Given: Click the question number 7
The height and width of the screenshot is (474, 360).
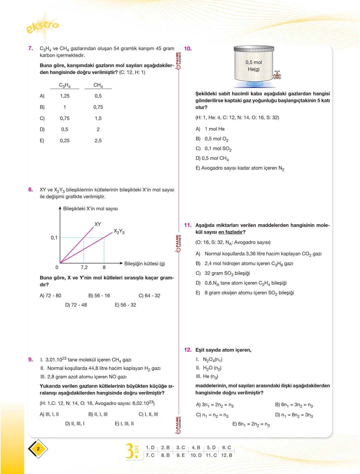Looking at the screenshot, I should pos(31,49).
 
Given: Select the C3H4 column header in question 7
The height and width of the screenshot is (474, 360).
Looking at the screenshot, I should pos(65,85).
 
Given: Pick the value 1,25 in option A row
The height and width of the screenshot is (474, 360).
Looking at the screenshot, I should pos(65,96).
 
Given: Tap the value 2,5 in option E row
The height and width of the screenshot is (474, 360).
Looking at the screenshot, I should pos(98,141).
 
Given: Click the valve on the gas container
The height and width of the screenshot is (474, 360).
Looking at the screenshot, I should pos(276,75).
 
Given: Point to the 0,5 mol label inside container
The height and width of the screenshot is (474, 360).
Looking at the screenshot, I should pos(254,62).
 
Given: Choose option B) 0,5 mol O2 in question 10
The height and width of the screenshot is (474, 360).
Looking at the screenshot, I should pos(212,139).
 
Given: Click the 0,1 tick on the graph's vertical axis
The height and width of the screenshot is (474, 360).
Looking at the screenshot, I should pos(54,238).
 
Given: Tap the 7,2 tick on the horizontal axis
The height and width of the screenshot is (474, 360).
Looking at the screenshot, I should pos(84,267).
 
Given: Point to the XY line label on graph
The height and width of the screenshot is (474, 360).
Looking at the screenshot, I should pos(98,224).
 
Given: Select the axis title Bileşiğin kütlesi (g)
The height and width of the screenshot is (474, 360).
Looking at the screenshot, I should pos(144,263).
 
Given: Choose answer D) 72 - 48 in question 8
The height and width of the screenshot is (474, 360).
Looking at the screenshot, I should pos(76,305).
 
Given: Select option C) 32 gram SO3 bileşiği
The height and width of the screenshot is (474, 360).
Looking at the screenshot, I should pos(223,273).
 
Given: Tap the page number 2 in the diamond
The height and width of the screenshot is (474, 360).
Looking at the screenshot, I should pos(38,449).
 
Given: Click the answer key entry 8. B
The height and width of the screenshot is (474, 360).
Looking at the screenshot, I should pos(165,455).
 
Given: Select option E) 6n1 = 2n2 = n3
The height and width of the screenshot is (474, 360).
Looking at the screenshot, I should pos(251,424).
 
